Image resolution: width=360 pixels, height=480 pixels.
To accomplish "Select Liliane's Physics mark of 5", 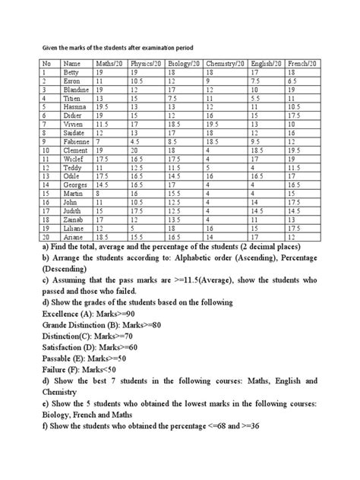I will coord(133,227).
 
